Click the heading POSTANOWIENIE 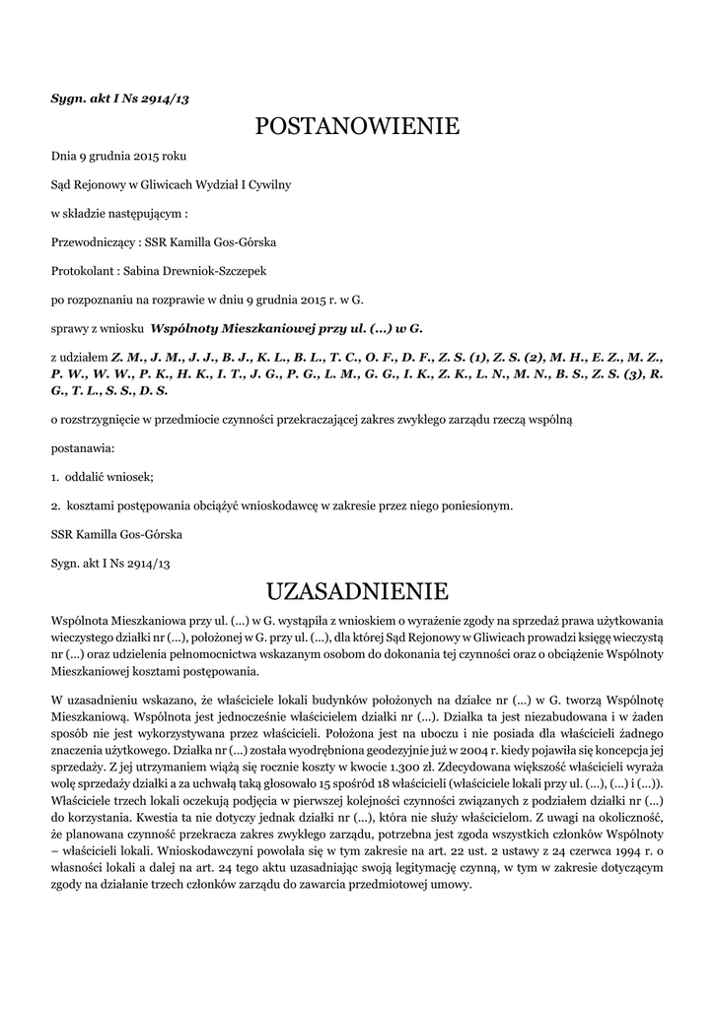click(357, 126)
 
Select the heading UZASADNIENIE click(357, 591)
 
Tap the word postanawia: click(82, 448)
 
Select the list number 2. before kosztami click(55, 505)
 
